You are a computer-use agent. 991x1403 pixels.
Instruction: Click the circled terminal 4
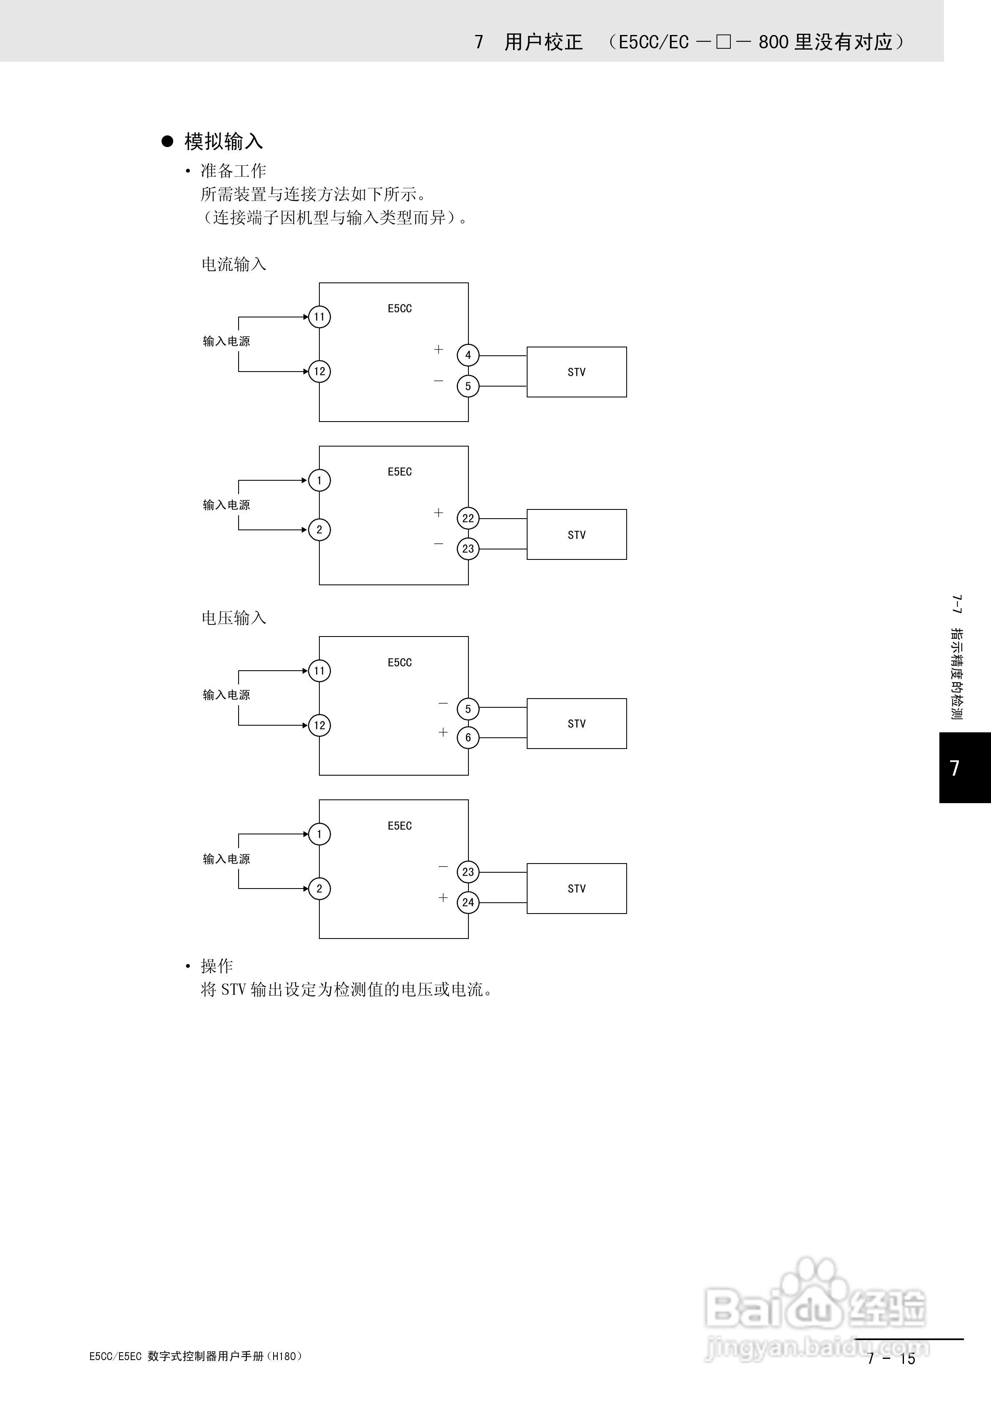point(468,355)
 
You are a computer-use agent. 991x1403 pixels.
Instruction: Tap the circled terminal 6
point(468,738)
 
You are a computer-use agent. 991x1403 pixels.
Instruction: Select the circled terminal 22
point(468,518)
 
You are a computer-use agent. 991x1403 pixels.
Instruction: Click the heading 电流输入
point(234,265)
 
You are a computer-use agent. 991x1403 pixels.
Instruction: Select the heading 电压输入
point(234,619)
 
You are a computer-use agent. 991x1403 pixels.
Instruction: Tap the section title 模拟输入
point(224,142)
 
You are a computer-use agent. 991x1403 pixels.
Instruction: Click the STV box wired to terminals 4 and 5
point(576,372)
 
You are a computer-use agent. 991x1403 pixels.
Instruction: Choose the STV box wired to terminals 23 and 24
point(576,889)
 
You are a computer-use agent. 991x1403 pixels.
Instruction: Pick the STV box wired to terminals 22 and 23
point(576,535)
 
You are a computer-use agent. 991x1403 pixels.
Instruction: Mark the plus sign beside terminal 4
point(438,350)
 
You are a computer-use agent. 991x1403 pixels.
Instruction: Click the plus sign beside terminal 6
point(443,732)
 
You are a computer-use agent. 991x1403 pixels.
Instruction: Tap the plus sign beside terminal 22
point(438,513)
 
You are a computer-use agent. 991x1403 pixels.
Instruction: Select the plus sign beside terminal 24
point(443,897)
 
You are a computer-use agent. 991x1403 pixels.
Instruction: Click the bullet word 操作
point(217,966)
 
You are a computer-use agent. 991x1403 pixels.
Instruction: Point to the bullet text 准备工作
point(234,170)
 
